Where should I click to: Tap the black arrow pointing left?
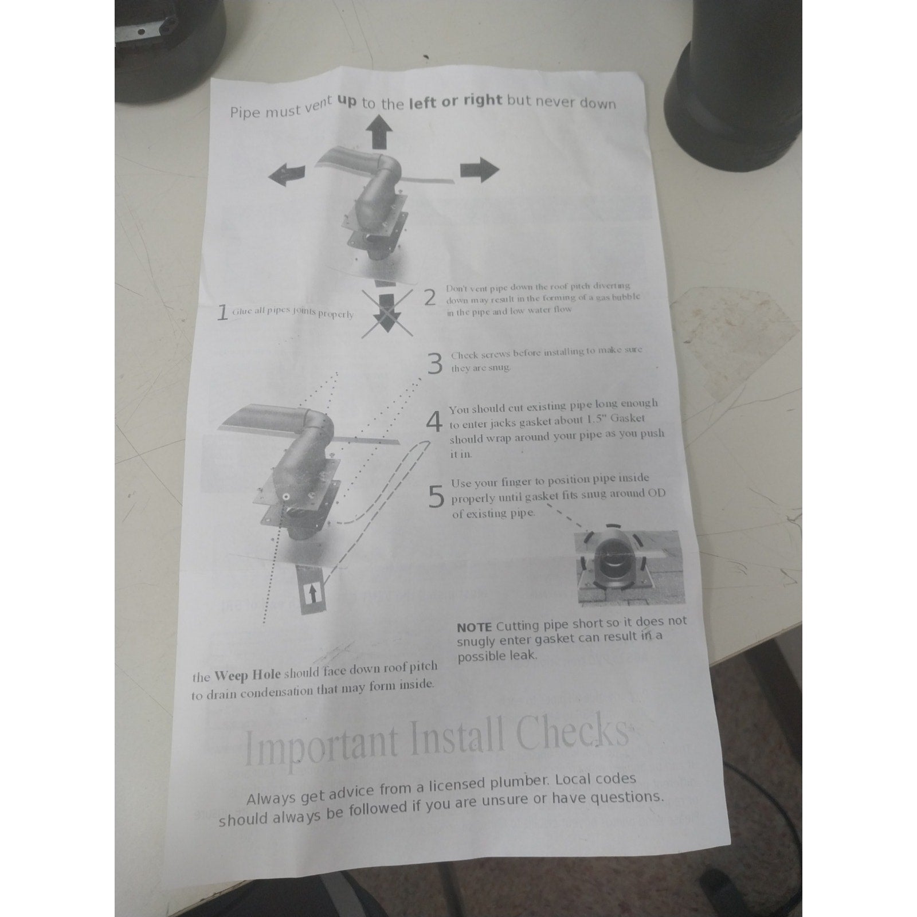tap(290, 173)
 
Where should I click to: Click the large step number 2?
tap(430, 297)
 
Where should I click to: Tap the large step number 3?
tap(436, 363)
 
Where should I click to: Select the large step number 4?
tap(435, 423)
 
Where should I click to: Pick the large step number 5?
tap(437, 496)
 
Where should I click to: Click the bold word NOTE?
tap(475, 626)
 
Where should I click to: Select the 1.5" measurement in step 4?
tap(598, 420)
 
